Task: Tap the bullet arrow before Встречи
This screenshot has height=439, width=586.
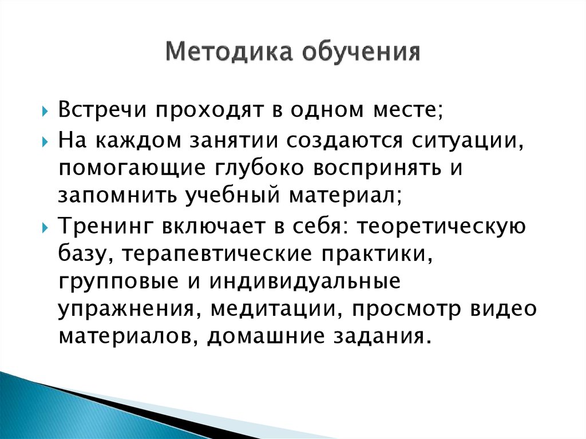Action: [46, 110]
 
